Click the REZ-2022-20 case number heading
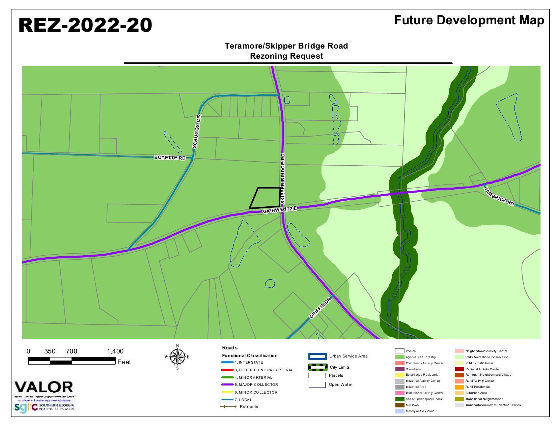pyautogui.click(x=85, y=25)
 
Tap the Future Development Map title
pyautogui.click(x=469, y=20)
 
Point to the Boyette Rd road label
pyautogui.click(x=170, y=157)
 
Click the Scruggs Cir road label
pyautogui.click(x=197, y=132)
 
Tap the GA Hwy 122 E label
pyautogui.click(x=280, y=210)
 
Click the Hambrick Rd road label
pyautogui.click(x=499, y=196)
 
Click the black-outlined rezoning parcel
pyautogui.click(x=265, y=198)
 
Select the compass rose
pyautogui.click(x=177, y=356)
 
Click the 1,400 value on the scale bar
pyautogui.click(x=115, y=351)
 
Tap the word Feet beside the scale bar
pyautogui.click(x=124, y=362)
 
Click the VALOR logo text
pyautogui.click(x=44, y=388)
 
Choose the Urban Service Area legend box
pyautogui.click(x=317, y=356)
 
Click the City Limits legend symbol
pyautogui.click(x=317, y=367)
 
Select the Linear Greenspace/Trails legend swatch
pyautogui.click(x=399, y=399)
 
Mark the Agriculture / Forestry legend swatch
pyautogui.click(x=399, y=357)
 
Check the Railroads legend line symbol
pyautogui.click(x=228, y=407)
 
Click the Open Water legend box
pyautogui.click(x=317, y=385)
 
